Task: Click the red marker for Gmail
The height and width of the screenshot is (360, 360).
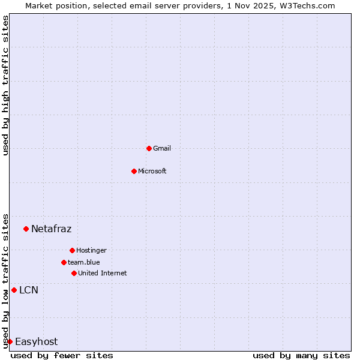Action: [149, 148]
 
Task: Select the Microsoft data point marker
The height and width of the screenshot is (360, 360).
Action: [134, 171]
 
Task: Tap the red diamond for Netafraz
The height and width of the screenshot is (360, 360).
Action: [26, 229]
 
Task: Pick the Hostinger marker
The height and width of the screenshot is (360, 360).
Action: [72, 250]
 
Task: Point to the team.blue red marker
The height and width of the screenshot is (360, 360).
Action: [64, 262]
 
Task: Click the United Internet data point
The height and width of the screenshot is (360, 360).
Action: [74, 273]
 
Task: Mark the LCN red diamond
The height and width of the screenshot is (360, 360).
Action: [14, 290]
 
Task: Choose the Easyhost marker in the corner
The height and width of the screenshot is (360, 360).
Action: [10, 341]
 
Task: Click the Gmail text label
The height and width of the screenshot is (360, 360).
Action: [162, 148]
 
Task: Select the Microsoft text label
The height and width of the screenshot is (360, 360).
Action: [152, 171]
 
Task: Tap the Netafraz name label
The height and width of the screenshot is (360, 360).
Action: [51, 229]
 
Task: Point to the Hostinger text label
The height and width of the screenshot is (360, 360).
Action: [91, 250]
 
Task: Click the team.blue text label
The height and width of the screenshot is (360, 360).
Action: [84, 262]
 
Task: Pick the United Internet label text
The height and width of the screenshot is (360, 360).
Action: [103, 273]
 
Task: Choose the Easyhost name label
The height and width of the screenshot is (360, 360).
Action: [36, 341]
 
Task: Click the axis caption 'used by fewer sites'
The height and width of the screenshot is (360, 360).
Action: [62, 355]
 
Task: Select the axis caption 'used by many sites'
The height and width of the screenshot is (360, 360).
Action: [301, 355]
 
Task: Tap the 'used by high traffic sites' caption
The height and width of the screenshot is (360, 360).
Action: [6, 85]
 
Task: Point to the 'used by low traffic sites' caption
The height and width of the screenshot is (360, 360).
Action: [6, 280]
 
